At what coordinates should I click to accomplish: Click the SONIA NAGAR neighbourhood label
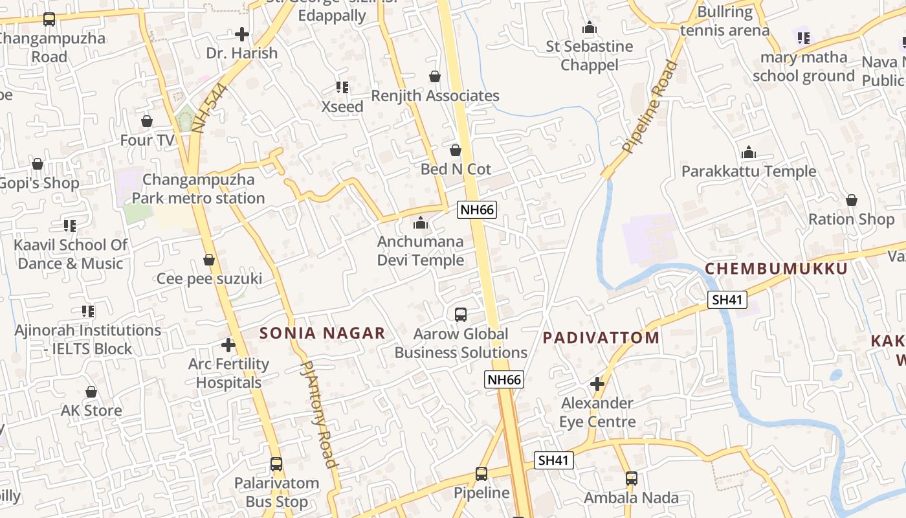322,333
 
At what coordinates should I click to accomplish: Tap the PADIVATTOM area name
601,337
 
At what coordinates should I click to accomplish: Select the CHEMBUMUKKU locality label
776,269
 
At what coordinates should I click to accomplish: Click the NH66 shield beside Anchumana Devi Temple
477,210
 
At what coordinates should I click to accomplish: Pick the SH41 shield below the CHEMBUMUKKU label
728,299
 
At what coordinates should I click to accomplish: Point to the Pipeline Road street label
650,107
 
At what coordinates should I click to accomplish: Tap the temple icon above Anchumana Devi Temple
421,223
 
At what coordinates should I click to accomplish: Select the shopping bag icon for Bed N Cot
456,150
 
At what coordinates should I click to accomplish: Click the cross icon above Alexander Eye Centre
597,385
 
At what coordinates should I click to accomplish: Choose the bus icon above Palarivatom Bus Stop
276,464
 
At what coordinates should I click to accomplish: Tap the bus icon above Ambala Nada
632,479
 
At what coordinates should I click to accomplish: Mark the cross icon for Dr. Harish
242,34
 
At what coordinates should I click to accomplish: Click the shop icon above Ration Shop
852,200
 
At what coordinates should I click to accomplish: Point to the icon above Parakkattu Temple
749,153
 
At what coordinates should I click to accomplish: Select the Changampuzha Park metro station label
198,189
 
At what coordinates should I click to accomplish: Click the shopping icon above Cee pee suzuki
209,260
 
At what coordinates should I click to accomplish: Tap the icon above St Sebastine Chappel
589,28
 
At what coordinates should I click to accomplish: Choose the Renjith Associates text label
435,96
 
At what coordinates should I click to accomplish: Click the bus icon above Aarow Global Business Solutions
461,315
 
